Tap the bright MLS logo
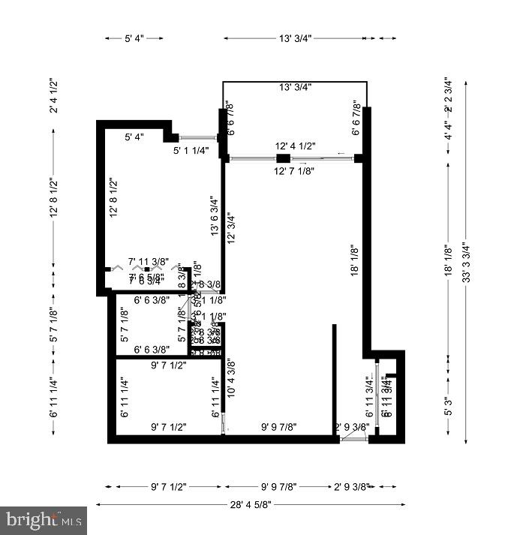pyautogui.click(x=44, y=519)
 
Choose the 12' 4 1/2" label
pyautogui.click(x=295, y=146)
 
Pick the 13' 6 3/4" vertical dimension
pyautogui.click(x=215, y=217)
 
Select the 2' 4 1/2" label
pyautogui.click(x=53, y=95)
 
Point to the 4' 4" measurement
pyautogui.click(x=449, y=136)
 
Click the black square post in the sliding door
pyautogui.click(x=282, y=158)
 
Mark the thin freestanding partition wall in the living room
pyautogui.click(x=334, y=378)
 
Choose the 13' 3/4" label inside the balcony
pyautogui.click(x=295, y=88)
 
